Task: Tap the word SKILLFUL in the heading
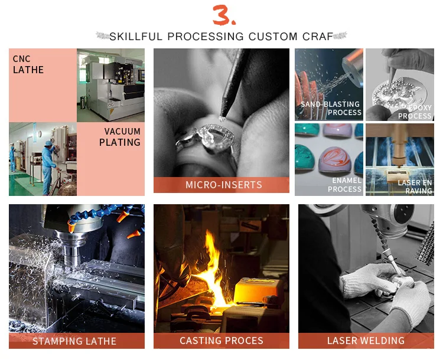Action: (x=136, y=37)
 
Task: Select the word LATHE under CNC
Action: (x=28, y=70)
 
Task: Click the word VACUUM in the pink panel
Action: (x=122, y=131)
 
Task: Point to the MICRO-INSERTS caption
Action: (x=224, y=185)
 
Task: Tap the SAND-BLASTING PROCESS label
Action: (x=331, y=108)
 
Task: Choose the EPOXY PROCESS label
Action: (x=415, y=112)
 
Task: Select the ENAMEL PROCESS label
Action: (x=345, y=185)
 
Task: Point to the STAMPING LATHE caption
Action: (x=74, y=341)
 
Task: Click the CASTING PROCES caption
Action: (x=221, y=341)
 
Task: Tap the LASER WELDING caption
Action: (x=366, y=341)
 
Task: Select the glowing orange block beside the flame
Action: (x=259, y=291)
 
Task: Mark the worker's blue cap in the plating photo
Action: (x=49, y=143)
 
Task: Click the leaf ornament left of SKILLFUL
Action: (x=103, y=36)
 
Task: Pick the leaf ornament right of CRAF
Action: (x=340, y=36)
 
